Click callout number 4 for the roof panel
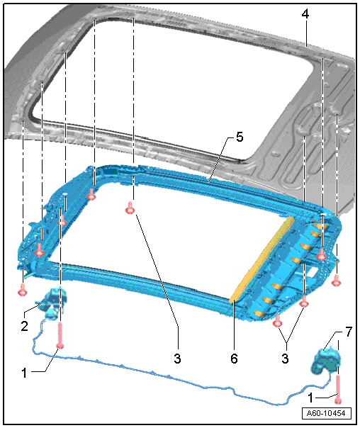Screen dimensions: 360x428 coord(305,14)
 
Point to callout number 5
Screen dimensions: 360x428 coord(240,137)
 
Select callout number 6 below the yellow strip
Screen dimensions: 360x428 coord(234,359)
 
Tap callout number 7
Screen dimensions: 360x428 coord(349,332)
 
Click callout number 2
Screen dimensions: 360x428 coord(24,326)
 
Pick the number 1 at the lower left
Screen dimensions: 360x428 coord(24,373)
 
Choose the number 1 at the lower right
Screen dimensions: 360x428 coord(310,398)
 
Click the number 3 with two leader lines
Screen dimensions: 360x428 coord(285,359)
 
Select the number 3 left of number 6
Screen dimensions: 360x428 coord(177,359)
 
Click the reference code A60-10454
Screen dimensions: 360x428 coord(326,413)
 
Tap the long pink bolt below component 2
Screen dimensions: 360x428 coord(60,336)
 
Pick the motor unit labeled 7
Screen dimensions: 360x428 coord(326,360)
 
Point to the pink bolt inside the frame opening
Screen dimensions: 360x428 coord(130,208)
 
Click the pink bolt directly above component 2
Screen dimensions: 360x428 coord(23,290)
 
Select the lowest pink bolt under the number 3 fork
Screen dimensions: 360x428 coord(277,321)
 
